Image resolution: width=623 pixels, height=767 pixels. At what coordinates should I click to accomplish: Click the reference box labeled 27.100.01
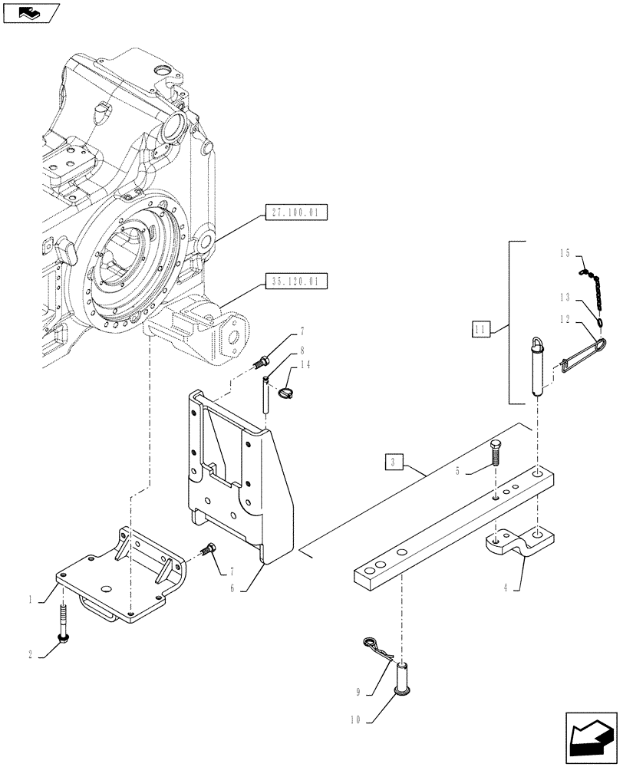click(295, 212)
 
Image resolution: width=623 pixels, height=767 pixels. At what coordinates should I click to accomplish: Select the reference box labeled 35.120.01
click(295, 281)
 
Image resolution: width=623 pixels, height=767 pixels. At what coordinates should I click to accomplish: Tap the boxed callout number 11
click(481, 331)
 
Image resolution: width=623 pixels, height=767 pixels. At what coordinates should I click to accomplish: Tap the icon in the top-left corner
click(31, 12)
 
